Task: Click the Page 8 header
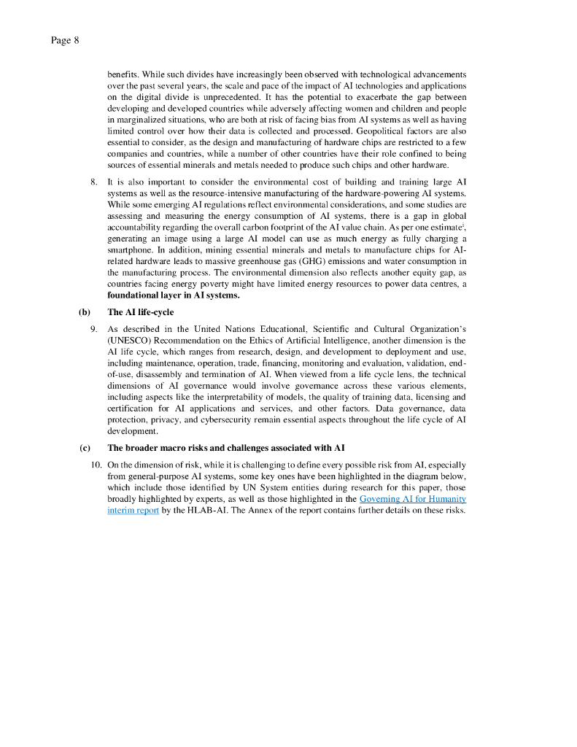65,40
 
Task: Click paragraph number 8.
94,181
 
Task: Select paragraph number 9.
94,329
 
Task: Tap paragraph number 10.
96,464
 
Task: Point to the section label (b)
85,312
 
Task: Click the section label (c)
85,447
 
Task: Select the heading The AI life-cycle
140,312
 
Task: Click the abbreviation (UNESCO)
133,340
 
